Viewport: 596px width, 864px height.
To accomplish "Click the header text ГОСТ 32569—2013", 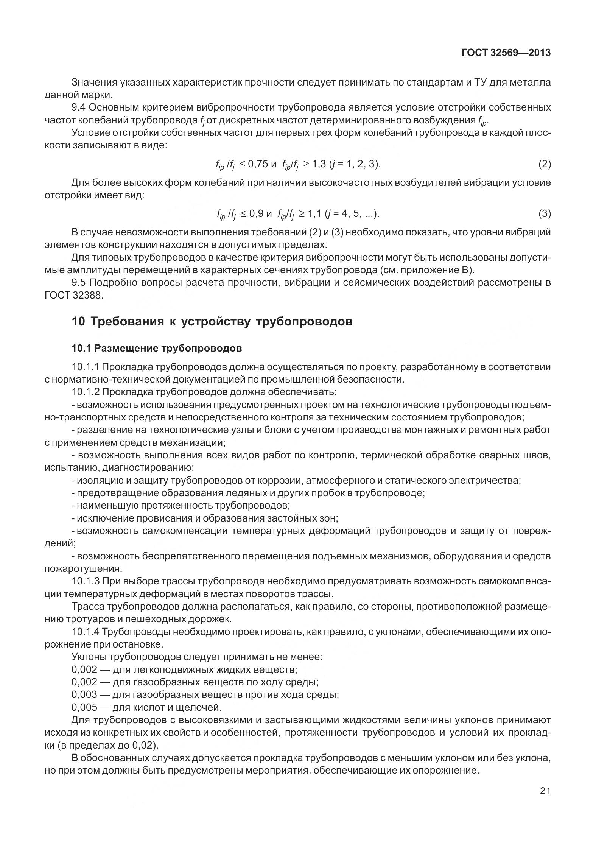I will pos(506,53).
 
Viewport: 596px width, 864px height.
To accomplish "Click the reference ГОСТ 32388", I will pos(73,295).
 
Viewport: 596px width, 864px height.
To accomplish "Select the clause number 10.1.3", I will pos(86,581).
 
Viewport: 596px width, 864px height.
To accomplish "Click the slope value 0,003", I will pos(84,694).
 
